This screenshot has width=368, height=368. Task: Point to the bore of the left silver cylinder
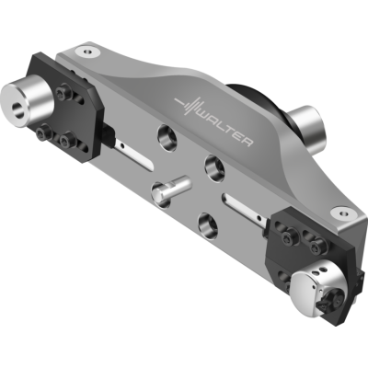(19, 109)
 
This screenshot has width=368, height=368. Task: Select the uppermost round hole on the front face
(167, 135)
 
